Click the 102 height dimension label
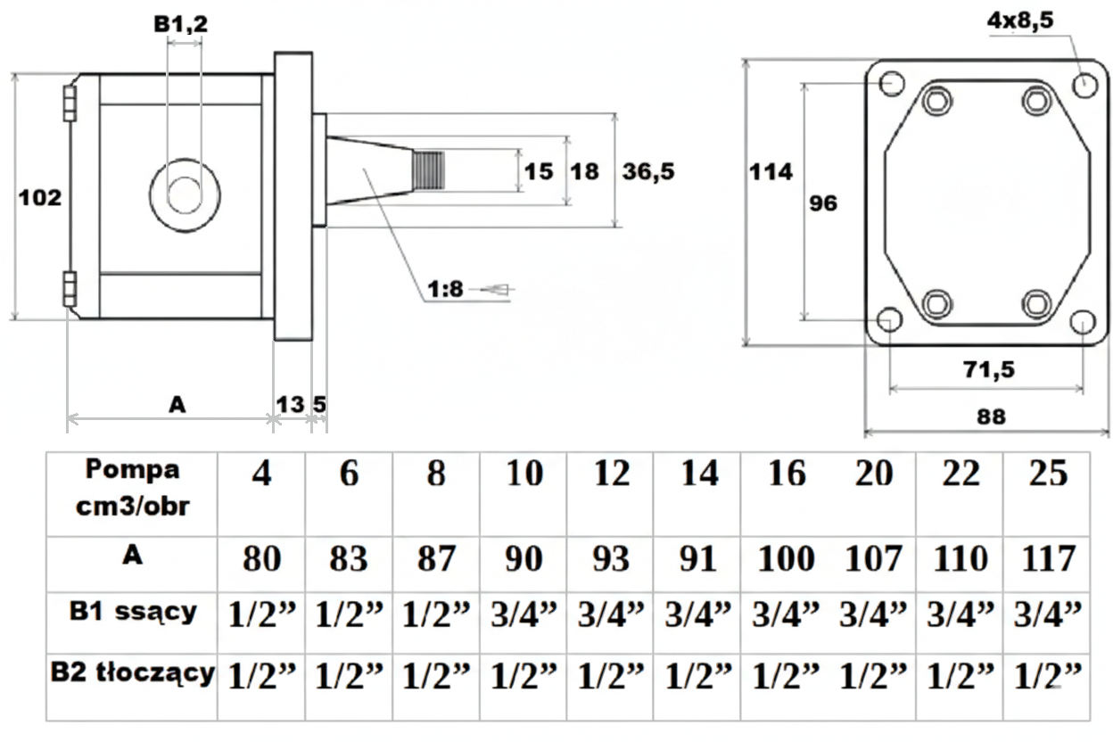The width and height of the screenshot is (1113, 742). click(x=41, y=198)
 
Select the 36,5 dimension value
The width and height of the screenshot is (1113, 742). click(x=648, y=172)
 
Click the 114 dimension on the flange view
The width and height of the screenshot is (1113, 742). click(x=771, y=171)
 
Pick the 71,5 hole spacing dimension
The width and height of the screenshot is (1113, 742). click(x=989, y=368)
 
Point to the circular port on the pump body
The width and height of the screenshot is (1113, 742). click(x=185, y=194)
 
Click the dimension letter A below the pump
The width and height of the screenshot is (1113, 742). click(x=177, y=405)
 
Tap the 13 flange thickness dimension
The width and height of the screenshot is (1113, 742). click(x=290, y=404)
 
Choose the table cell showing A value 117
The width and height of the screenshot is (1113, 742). click(x=1047, y=560)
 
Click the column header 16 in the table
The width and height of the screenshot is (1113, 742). click(x=786, y=474)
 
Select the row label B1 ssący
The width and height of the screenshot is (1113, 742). click(x=132, y=613)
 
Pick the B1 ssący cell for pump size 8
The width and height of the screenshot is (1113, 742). click(x=436, y=615)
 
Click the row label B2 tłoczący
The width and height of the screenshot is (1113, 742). click(x=132, y=674)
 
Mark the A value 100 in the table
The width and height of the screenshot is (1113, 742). click(x=786, y=560)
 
